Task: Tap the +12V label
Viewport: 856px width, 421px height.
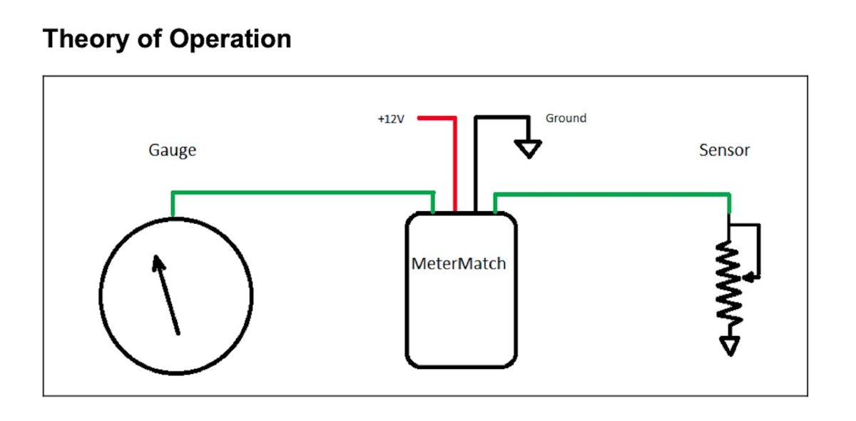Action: click(391, 119)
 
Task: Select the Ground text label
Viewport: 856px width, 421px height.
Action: click(566, 118)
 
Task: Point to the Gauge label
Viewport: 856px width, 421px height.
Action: click(172, 151)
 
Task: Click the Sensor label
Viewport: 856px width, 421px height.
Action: click(724, 151)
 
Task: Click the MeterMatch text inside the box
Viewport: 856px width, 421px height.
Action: click(459, 263)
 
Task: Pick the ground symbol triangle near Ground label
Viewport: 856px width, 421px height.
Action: click(529, 148)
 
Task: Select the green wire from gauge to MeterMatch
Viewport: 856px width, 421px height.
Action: click(300, 192)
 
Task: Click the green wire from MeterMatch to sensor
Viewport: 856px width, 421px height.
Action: click(613, 193)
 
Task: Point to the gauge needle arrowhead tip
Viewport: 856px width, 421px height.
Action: click(155, 258)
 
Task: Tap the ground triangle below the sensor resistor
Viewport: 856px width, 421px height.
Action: click(728, 347)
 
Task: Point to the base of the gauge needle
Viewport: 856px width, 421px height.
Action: click(178, 332)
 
